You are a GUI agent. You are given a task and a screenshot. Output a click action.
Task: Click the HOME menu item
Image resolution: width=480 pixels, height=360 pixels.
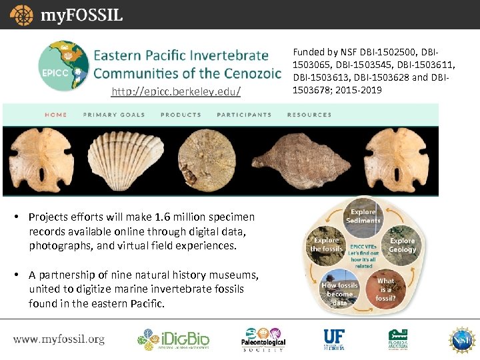click(x=56, y=115)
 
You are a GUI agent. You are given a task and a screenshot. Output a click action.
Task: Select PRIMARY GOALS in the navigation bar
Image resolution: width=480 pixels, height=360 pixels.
click(x=114, y=115)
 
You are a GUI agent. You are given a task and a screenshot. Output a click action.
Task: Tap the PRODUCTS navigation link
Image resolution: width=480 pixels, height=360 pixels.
click(x=181, y=115)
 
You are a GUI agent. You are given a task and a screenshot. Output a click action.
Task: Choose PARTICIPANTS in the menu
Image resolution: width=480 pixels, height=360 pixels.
click(x=244, y=115)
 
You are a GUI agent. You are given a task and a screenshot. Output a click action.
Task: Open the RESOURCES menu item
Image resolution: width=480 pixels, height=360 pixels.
click(x=309, y=115)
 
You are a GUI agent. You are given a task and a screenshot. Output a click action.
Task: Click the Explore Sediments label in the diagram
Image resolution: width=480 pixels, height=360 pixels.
click(x=363, y=216)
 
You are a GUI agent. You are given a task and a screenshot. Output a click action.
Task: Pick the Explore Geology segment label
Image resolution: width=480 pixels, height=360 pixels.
click(x=403, y=245)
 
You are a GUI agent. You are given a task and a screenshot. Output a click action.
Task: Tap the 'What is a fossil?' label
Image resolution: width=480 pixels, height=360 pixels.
click(x=386, y=289)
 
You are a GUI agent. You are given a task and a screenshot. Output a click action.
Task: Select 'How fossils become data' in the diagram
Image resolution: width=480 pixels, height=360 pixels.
click(x=339, y=294)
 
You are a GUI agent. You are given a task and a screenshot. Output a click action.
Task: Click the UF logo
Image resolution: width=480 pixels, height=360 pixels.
click(x=334, y=339)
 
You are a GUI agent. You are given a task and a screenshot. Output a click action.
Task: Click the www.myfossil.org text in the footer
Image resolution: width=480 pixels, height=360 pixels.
click(x=59, y=339)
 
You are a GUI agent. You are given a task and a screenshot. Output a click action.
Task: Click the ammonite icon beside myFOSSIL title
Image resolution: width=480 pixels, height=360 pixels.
click(x=21, y=15)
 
